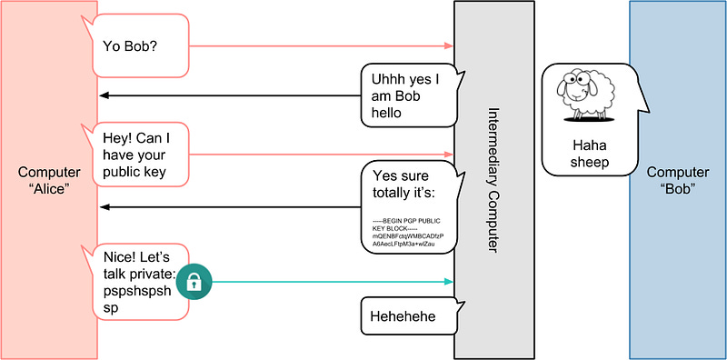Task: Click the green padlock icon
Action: tap(194, 282)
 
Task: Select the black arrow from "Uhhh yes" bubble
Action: tap(227, 95)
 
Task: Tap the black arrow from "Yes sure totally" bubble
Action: tap(227, 207)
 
